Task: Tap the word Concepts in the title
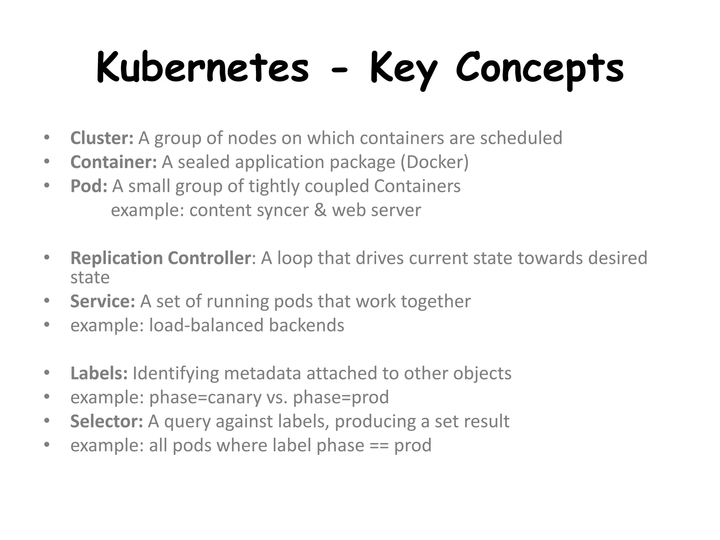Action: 540,69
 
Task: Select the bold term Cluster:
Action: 102,138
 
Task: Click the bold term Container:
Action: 114,162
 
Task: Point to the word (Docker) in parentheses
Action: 435,162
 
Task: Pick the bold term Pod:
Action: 89,186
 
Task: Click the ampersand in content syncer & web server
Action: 320,210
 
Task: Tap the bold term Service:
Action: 103,301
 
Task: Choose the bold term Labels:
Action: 99,373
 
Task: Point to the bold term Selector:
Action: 107,421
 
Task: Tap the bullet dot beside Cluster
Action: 47,138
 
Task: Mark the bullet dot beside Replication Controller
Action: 47,258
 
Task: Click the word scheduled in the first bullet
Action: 521,138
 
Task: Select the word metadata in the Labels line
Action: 262,373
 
